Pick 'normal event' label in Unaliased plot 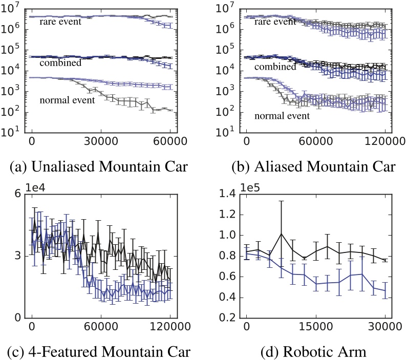(67, 100)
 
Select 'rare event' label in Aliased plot (276, 22)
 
